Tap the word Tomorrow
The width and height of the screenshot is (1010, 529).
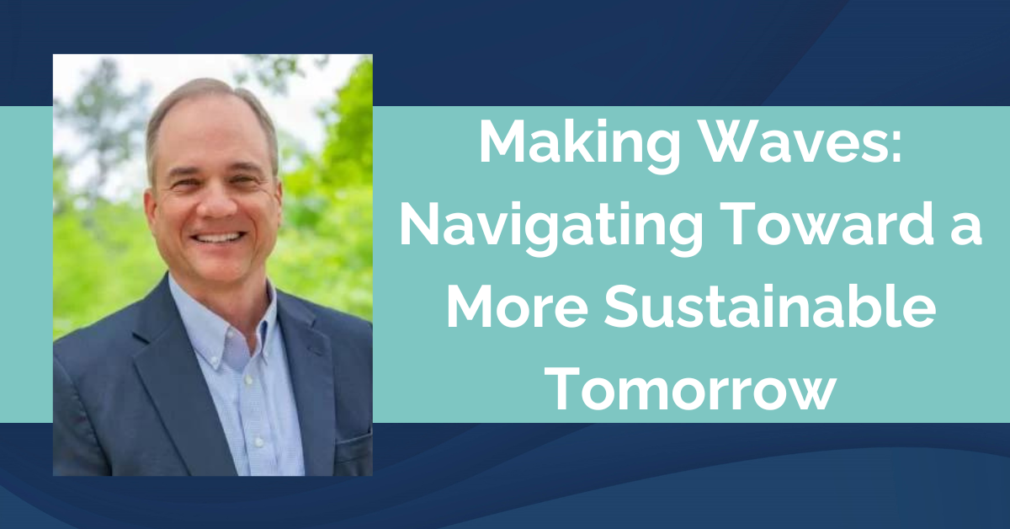(x=692, y=389)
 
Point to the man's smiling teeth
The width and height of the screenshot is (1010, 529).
(x=217, y=238)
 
